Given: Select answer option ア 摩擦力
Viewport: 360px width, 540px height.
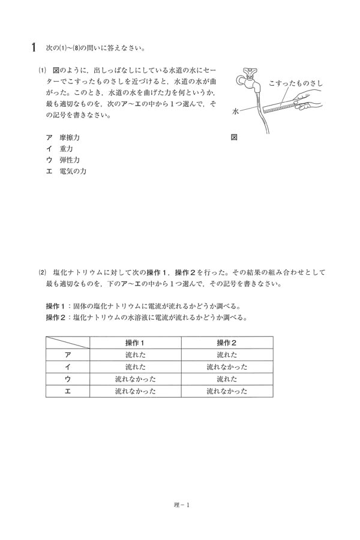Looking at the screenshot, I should coord(62,137).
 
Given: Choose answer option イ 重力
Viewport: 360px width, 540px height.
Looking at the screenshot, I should coord(59,149).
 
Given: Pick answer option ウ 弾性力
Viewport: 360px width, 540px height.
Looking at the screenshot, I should coord(62,160).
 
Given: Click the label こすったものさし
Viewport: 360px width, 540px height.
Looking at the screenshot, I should coord(296,83).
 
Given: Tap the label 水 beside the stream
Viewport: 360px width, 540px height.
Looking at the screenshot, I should coord(235,112).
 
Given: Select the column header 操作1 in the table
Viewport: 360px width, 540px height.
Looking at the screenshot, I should coord(136,343).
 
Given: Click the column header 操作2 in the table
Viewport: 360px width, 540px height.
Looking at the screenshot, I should coord(227,343).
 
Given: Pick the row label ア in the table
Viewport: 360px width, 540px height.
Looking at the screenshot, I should coord(68,355).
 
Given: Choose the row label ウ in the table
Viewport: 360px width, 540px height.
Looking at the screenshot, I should coord(68,379).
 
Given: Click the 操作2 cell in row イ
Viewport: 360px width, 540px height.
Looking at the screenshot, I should coord(227,367).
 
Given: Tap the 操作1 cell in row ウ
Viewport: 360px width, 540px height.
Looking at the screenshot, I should coord(136,379).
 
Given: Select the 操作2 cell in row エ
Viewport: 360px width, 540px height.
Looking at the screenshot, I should coord(227,391).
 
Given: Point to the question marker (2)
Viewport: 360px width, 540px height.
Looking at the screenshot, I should coord(42,272).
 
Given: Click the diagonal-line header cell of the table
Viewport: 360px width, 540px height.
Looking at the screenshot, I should coord(68,343).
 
